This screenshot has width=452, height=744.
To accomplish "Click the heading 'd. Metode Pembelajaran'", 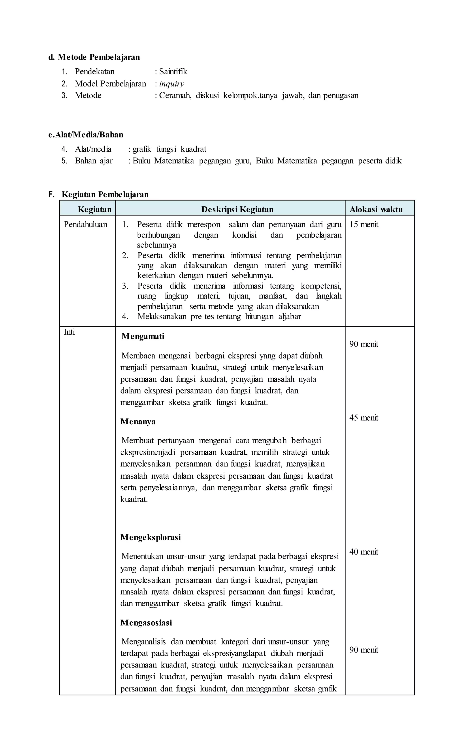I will [94, 57].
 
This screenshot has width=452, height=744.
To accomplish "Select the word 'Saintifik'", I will [173, 71].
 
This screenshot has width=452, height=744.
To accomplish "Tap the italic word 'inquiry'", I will [171, 84].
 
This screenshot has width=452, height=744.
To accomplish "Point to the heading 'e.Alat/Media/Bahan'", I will [86, 135].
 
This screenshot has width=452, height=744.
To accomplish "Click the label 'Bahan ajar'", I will [94, 161].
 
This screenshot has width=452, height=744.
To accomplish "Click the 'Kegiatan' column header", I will [94, 209].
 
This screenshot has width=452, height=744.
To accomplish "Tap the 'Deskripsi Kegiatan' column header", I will [237, 209].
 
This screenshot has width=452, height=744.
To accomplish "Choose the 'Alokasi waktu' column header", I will [376, 209].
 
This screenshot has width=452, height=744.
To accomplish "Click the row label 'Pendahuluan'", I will [85, 224].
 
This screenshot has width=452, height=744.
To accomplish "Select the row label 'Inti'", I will [69, 332].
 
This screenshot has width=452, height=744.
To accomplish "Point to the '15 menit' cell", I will [363, 224].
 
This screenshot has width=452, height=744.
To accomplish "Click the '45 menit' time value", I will [363, 418].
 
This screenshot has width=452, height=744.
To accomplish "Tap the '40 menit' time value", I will [363, 552].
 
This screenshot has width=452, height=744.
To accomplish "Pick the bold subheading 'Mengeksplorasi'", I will [151, 537].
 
